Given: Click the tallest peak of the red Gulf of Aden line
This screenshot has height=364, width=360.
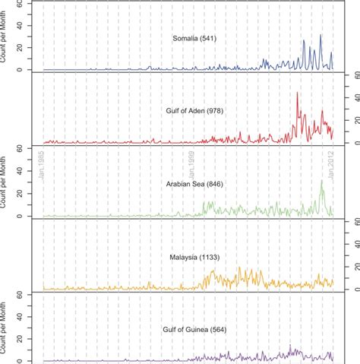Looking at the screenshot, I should pos(297,93).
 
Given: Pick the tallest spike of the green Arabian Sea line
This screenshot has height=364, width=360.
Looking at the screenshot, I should pos(322,182).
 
